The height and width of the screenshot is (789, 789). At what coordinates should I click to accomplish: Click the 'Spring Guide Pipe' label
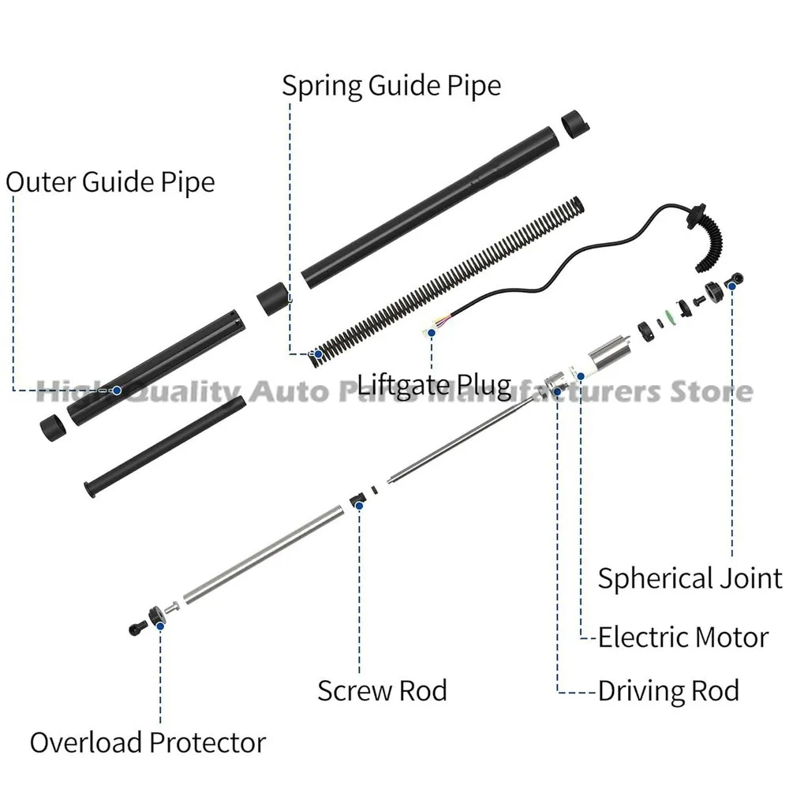point(391,85)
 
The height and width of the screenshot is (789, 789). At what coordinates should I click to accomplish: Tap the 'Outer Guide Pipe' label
point(110,182)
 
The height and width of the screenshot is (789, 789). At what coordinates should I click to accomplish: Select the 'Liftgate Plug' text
point(434,386)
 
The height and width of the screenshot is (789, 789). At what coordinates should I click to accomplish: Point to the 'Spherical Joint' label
point(689,578)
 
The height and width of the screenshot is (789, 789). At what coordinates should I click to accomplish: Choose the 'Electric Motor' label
point(682,636)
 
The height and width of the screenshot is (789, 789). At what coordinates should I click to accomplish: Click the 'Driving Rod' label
point(668,690)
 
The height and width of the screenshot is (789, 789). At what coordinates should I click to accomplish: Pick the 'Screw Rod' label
point(382,690)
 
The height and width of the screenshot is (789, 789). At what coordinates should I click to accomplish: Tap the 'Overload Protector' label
point(148,742)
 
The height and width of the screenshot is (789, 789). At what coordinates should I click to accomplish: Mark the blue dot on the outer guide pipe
point(116,390)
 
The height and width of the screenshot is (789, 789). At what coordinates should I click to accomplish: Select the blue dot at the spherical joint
point(731,285)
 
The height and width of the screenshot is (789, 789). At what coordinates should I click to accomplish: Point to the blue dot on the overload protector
point(160,624)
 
